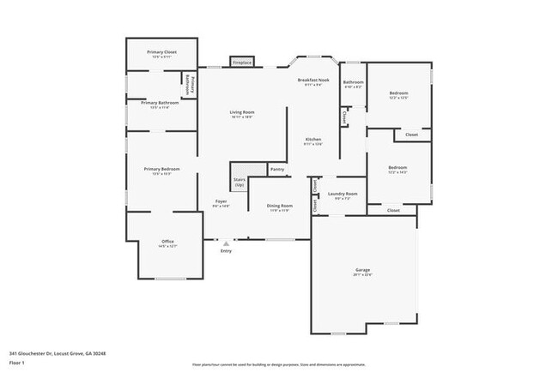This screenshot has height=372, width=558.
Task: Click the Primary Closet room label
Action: pyautogui.click(x=161, y=52)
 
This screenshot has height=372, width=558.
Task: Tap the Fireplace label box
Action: pyautogui.click(x=242, y=62)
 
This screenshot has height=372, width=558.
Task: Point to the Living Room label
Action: pyautogui.click(x=241, y=112)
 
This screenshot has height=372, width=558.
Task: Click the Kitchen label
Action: pyautogui.click(x=313, y=140)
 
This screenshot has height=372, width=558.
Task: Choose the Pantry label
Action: pyautogui.click(x=276, y=170)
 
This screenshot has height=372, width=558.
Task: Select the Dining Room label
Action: pyautogui.click(x=280, y=206)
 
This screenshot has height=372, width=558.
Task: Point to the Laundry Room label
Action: pyautogui.click(x=342, y=194)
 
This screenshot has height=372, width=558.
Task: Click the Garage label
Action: pyautogui.click(x=363, y=272)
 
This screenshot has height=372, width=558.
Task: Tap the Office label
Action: pyautogui.click(x=168, y=242)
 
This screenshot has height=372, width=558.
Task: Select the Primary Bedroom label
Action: pyautogui.click(x=161, y=170)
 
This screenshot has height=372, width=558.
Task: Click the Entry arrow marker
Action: pyautogui.click(x=226, y=243)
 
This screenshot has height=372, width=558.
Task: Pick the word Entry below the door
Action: pyautogui.click(x=226, y=251)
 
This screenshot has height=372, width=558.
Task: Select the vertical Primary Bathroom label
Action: pyautogui.click(x=190, y=88)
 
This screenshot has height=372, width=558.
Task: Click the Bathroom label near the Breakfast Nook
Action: pyautogui.click(x=353, y=82)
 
